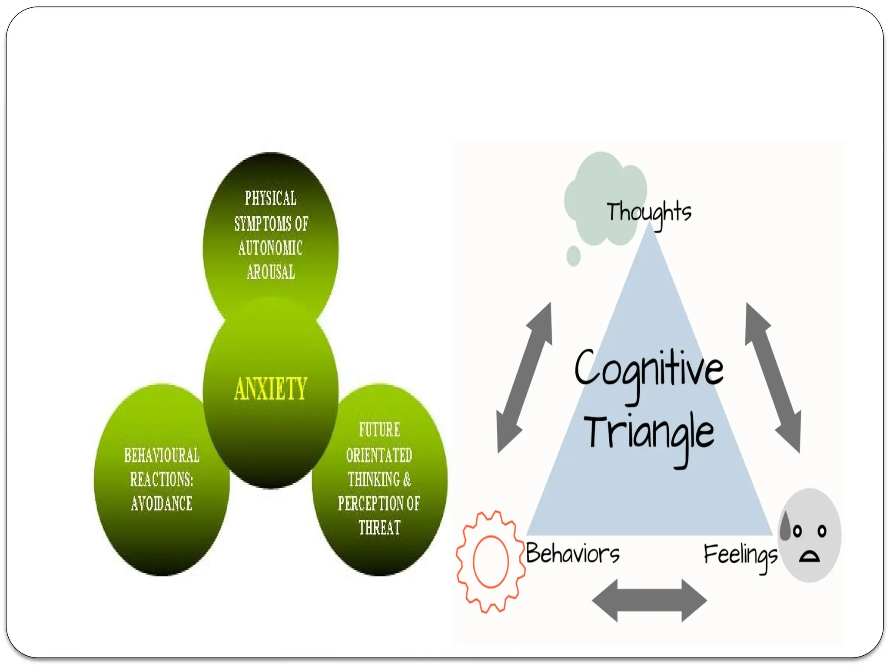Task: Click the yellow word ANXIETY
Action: click(x=271, y=388)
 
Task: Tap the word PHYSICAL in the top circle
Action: click(x=271, y=198)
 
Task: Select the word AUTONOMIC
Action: click(x=270, y=248)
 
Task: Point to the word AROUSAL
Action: click(x=271, y=272)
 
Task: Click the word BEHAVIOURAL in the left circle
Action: click(x=162, y=456)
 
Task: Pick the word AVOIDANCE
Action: click(x=162, y=504)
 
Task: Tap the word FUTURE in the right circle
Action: click(x=379, y=430)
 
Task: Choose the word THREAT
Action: click(x=379, y=528)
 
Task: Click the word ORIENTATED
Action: click(x=379, y=455)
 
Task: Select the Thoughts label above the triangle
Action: click(x=649, y=213)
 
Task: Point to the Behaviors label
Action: click(x=573, y=554)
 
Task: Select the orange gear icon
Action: click(x=491, y=561)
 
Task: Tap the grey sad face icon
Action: click(x=809, y=535)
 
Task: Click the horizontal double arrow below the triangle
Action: click(x=649, y=601)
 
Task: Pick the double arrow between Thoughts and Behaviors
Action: click(x=525, y=377)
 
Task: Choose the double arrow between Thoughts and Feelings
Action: click(x=773, y=377)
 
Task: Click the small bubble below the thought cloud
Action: click(x=574, y=256)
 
